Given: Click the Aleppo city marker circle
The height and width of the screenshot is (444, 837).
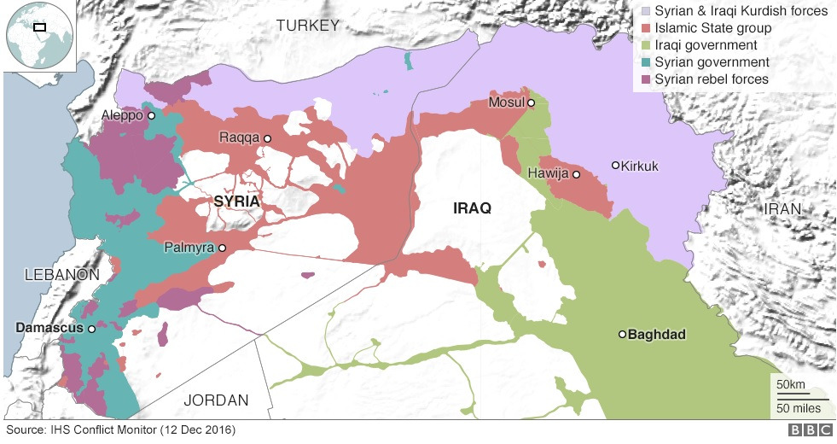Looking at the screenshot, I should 151,115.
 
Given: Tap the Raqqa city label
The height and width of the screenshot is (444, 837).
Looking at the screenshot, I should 239,137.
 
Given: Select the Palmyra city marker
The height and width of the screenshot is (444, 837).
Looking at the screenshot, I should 222,248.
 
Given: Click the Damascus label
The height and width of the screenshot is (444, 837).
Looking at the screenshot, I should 49,328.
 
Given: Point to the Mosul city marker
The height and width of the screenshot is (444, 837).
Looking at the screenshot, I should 531,103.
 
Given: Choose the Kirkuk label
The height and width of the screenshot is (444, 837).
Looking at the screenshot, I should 640,166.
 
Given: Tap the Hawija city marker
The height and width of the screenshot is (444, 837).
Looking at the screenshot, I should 576,174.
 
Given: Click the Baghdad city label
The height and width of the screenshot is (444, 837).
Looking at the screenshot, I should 657,335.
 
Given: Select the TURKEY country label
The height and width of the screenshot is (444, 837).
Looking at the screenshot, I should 307,26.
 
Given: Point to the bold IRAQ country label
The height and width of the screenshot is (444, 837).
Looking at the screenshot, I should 472,208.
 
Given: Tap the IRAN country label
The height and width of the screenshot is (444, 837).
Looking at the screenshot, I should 783,209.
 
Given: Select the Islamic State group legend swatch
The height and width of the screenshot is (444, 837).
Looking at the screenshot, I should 646,28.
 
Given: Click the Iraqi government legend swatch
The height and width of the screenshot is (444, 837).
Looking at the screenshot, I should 646,45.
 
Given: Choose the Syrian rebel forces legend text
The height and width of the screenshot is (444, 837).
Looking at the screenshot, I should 712,79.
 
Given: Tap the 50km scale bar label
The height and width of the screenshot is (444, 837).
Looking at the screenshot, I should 790,385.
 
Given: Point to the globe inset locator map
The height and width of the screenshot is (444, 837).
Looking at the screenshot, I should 38,36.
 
